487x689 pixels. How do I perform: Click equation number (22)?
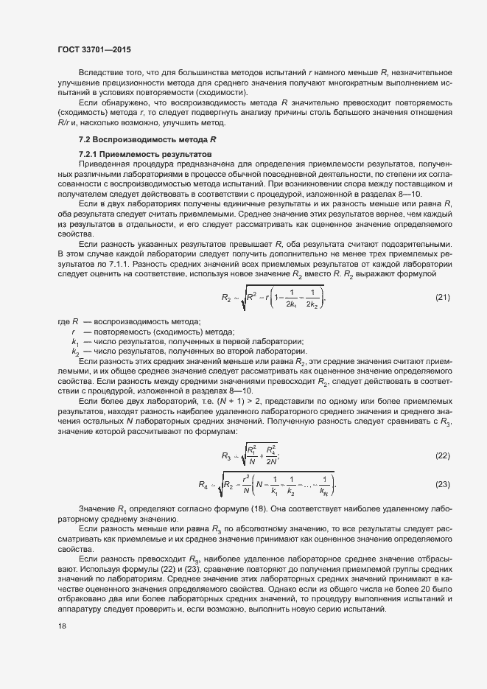pos(442,455)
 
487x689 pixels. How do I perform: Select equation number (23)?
pos(442,484)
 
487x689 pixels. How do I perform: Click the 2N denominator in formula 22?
pos(273,462)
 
